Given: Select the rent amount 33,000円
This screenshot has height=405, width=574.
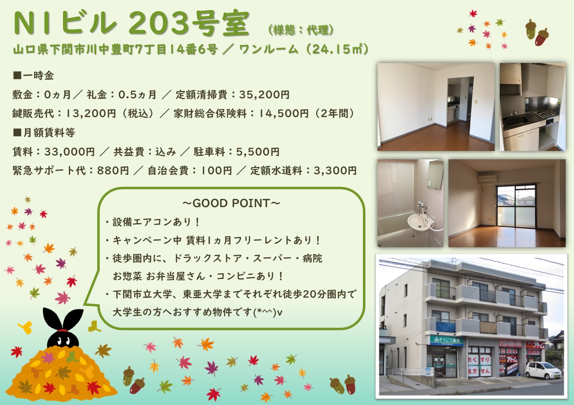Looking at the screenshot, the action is [x=69, y=152].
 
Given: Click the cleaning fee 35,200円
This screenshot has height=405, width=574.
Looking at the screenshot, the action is [x=264, y=95].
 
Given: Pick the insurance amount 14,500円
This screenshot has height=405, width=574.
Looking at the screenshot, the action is [x=284, y=113].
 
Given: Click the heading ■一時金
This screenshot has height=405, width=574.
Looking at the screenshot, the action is [x=33, y=75].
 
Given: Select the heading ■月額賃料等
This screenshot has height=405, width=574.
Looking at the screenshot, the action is [x=44, y=133].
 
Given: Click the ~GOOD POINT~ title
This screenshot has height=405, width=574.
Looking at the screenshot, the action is [x=232, y=203].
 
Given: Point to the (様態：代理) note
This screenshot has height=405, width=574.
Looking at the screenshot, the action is [x=301, y=30].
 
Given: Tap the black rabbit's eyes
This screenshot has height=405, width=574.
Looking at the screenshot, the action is [x=63, y=341].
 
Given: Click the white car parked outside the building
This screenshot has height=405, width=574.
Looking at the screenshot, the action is [x=543, y=370].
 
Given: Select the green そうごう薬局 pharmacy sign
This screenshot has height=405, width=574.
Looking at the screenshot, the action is [x=447, y=340].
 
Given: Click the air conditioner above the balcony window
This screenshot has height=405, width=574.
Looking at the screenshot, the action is [x=487, y=178].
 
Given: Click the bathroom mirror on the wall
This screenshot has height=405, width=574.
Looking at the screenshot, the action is [x=435, y=175].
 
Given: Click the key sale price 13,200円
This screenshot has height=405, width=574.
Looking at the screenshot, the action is [x=91, y=113].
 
